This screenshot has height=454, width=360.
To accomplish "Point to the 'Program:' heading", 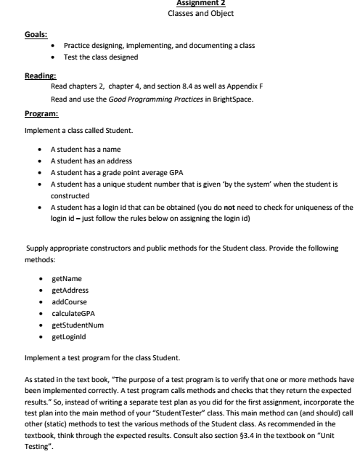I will (41, 114).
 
